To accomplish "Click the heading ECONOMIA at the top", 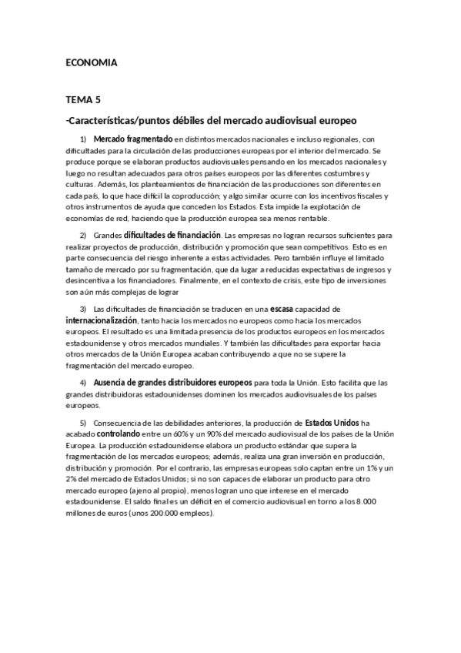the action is (91, 63).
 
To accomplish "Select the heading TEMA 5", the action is (83, 100).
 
